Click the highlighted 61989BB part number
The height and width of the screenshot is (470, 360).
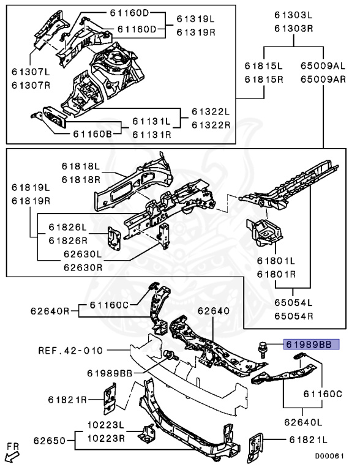point(311,345)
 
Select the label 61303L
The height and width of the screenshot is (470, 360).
point(293,15)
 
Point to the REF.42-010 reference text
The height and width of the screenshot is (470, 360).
point(70,351)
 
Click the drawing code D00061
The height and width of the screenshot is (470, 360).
point(329,456)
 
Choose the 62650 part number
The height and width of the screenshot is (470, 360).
point(50,441)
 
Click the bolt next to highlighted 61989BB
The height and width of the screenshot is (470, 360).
point(262,350)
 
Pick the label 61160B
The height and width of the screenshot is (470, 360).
point(92,134)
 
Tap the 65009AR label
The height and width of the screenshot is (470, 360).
point(323,80)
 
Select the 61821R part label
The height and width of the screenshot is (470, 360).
point(67,400)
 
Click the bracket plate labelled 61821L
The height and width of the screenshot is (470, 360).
point(255,447)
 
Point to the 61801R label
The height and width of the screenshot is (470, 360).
point(276,274)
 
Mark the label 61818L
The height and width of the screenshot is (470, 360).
point(81,166)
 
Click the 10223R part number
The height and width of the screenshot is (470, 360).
point(106,439)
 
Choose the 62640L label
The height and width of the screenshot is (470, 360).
point(303,422)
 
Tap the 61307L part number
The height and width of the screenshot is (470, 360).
point(31,72)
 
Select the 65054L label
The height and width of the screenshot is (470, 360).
point(293,302)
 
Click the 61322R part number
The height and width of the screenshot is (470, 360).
point(211,125)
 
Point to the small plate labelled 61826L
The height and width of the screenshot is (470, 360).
point(114,239)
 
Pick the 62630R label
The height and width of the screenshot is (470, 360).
point(83,267)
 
